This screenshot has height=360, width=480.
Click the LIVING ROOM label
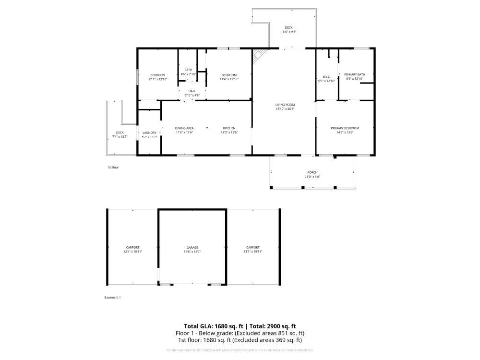coord(285,104)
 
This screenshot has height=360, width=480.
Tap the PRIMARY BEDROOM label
coord(345,128)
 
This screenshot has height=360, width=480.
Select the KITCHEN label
coord(229,128)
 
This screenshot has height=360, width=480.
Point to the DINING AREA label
coord(184,128)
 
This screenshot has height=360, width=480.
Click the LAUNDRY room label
coord(150,132)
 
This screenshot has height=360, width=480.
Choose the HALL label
coord(192,91)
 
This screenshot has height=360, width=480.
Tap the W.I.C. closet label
coord(326,76)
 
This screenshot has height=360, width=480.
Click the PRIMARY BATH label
coord(355,74)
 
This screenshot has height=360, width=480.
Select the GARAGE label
coord(192,247)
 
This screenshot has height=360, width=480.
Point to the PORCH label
coord(312,172)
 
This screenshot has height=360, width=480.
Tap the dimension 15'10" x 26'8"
coord(285,109)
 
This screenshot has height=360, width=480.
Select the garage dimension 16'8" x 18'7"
coord(192,252)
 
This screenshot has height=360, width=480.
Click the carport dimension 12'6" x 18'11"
coord(133,252)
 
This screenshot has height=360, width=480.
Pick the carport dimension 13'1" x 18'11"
coord(253,252)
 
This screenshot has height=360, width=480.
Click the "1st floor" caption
coord(113,167)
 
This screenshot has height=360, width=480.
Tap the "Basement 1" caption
coord(112,298)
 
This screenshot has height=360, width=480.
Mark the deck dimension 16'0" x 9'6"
coord(288,32)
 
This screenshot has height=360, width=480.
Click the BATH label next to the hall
coord(188,70)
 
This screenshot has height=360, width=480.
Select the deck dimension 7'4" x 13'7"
coord(120,137)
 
